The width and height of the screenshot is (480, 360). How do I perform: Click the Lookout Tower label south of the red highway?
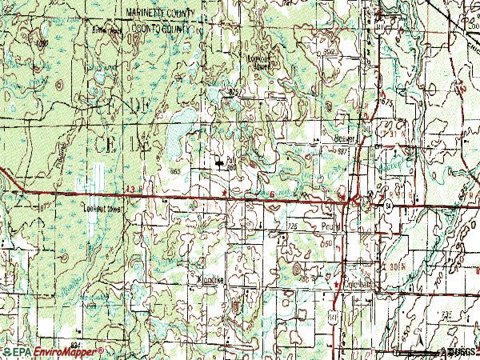click(x=102, y=210)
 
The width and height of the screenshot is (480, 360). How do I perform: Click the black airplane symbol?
click(x=220, y=163)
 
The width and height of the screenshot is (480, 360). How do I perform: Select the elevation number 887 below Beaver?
click(x=344, y=150)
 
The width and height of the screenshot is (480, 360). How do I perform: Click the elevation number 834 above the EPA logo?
click(x=75, y=342)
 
